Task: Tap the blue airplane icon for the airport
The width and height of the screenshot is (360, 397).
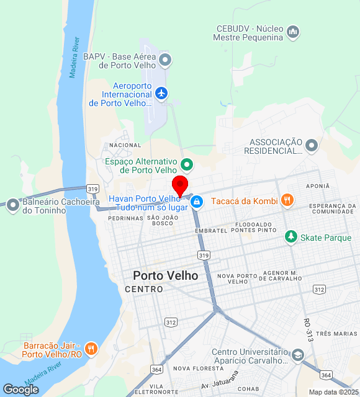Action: (162, 93)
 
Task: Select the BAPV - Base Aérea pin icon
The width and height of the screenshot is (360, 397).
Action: (165, 60)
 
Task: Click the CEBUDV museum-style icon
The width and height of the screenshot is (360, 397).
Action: (293, 31)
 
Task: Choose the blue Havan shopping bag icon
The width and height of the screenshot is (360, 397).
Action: (197, 202)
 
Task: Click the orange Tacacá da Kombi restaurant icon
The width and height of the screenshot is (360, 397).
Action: (286, 200)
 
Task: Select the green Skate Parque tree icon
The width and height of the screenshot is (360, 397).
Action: (290, 237)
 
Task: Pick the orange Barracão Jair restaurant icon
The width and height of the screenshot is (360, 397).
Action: (91, 349)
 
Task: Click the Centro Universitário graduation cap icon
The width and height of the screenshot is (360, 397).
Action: (297, 355)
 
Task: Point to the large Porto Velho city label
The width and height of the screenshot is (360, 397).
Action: (166, 275)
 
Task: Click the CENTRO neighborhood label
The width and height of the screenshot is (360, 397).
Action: (144, 289)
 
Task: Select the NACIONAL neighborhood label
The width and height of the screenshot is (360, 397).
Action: (125, 145)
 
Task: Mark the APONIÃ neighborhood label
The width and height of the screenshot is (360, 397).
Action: (317, 185)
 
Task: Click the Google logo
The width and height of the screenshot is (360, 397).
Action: (20, 390)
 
